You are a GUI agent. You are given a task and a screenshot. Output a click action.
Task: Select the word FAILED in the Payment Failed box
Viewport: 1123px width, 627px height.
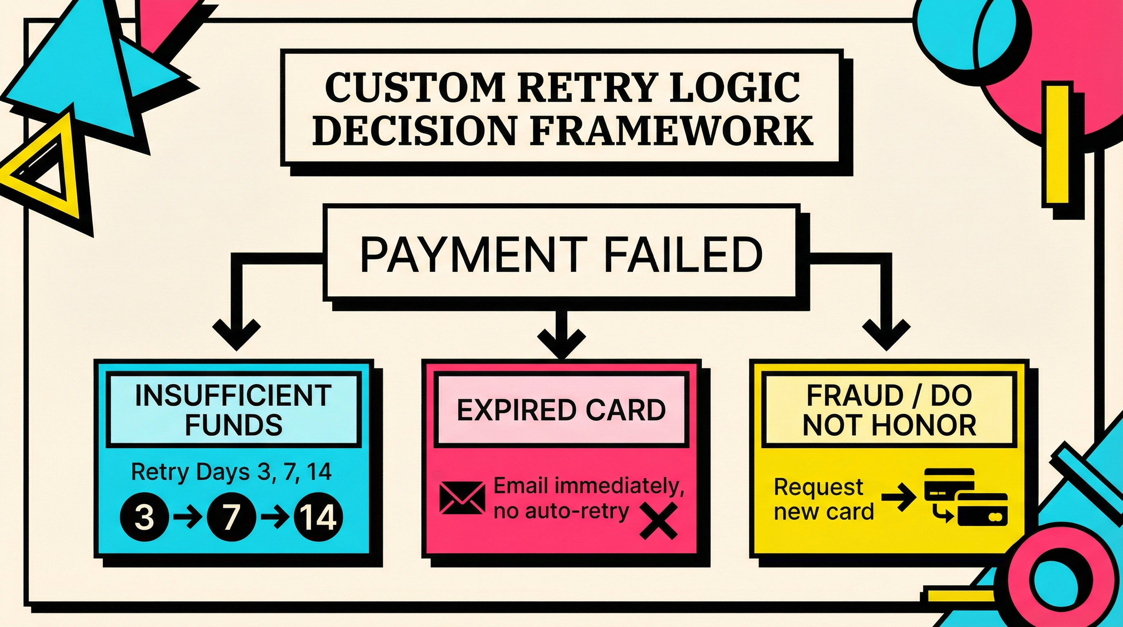click(683, 255)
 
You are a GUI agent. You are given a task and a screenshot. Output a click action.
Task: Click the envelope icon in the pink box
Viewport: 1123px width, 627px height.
click(462, 498)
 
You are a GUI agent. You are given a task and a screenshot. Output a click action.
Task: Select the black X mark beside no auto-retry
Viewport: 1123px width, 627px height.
click(658, 520)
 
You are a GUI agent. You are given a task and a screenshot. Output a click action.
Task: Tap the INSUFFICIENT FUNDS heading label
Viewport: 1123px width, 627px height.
click(234, 410)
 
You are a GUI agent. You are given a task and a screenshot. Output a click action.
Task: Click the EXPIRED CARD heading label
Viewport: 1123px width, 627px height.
click(561, 410)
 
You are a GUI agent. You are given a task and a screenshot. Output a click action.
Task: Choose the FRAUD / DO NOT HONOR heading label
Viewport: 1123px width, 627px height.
click(889, 410)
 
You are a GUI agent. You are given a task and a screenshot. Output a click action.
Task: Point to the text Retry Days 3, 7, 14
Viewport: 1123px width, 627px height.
click(231, 472)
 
